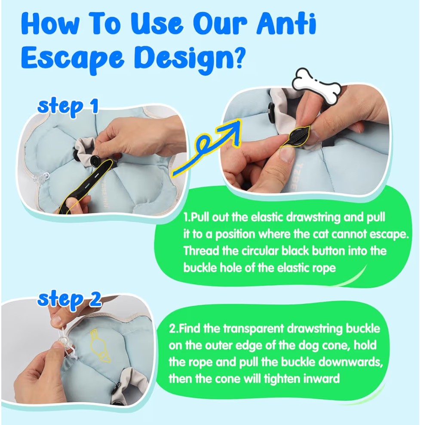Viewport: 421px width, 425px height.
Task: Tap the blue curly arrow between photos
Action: click(206, 148)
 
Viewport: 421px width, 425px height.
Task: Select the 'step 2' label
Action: click(70, 300)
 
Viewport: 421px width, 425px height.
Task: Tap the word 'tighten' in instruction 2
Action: click(282, 379)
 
